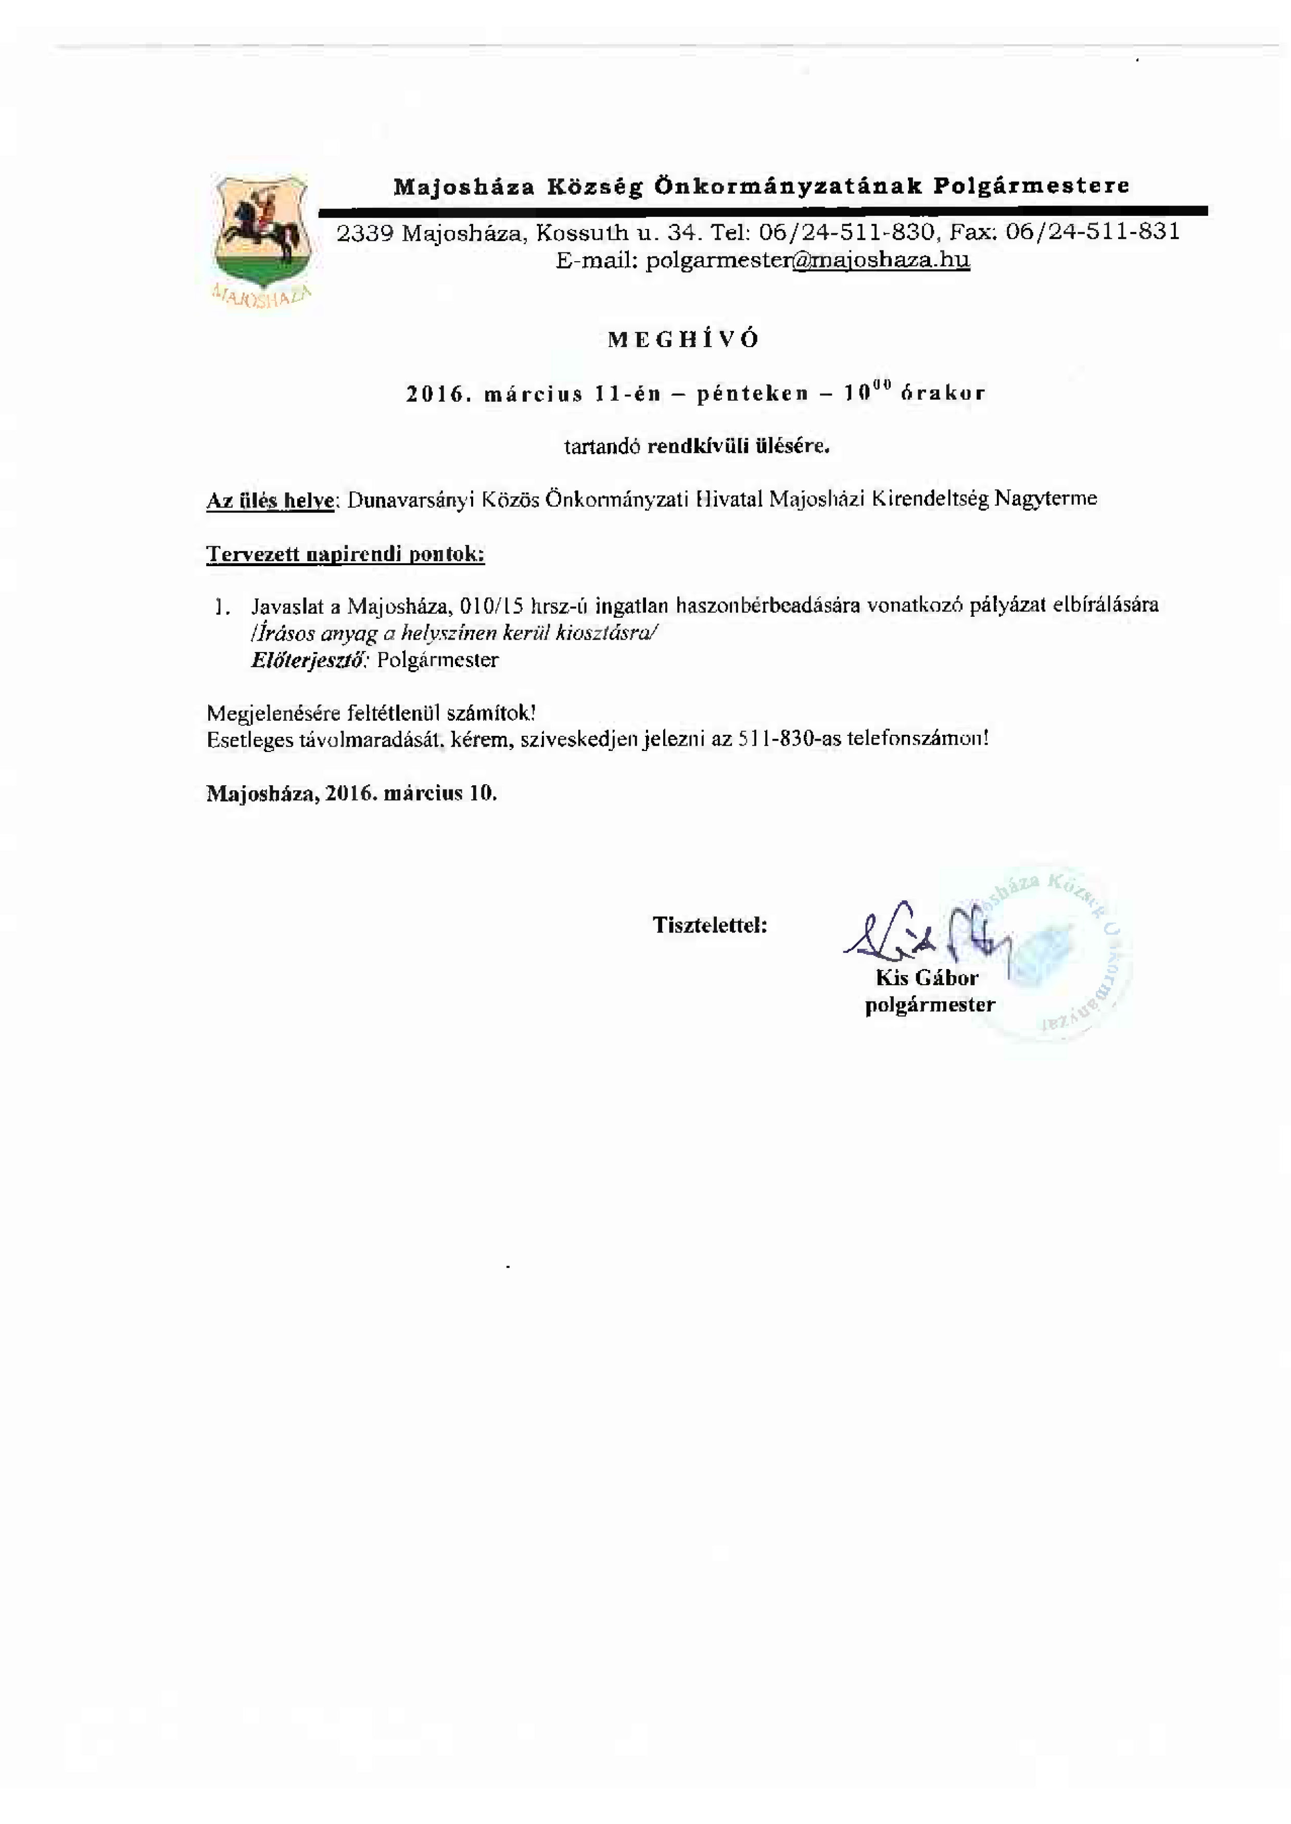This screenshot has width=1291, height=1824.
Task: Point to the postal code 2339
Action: tap(365, 233)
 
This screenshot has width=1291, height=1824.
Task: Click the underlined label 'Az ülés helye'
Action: tap(270, 501)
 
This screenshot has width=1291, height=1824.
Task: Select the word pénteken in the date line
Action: tap(752, 393)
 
